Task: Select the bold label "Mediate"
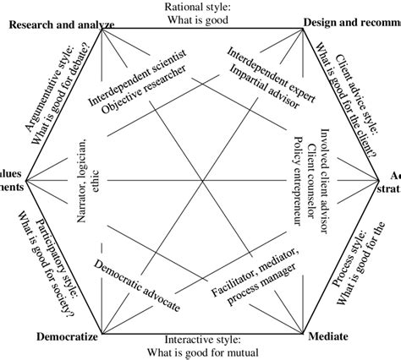324,337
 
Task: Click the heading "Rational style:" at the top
200,7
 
